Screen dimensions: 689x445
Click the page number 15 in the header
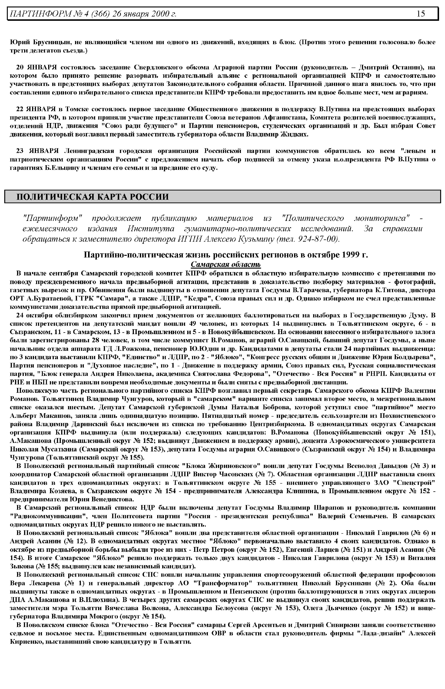click(x=421, y=14)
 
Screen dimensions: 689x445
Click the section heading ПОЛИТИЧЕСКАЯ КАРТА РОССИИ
click(x=93, y=197)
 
